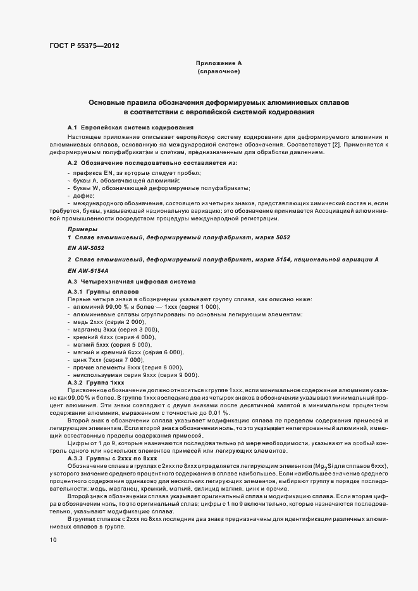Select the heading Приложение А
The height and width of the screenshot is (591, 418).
pos(218,64)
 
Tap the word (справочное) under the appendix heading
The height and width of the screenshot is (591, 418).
pos(218,73)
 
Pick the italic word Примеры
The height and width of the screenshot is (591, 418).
pos(82,228)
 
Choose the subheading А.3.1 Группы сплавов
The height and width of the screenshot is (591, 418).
pos(99,291)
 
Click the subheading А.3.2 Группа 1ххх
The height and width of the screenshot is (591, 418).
pos(96,383)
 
